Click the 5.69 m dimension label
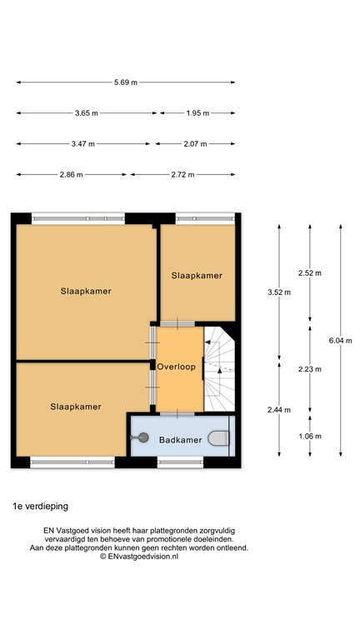(x=126, y=82)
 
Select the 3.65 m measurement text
(x=87, y=113)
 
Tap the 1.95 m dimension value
(x=197, y=113)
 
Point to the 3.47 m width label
(x=82, y=143)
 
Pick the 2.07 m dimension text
(x=195, y=143)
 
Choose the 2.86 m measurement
(x=71, y=175)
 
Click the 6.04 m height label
(x=340, y=341)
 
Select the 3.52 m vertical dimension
(x=279, y=292)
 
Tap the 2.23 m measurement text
(x=310, y=369)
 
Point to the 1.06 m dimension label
(x=310, y=437)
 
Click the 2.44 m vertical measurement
(x=279, y=410)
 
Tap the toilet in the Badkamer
(x=219, y=438)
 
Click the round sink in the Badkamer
(x=142, y=438)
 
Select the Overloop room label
(x=177, y=367)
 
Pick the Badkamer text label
(x=180, y=440)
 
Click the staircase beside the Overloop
(x=219, y=369)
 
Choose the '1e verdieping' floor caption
(x=40, y=507)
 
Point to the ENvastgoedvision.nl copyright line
(x=139, y=557)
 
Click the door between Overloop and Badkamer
(x=177, y=414)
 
